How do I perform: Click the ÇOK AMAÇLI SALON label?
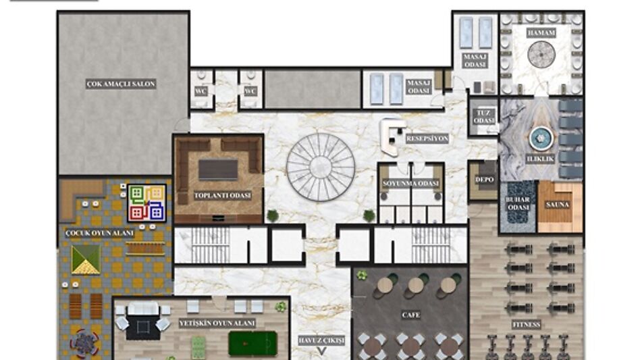click(121, 84)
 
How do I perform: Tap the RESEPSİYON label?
click(427, 139)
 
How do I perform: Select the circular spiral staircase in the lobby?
click(321, 167)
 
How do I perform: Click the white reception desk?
click(390, 137)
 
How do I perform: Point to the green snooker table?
click(252, 343)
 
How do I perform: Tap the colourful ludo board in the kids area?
click(146, 203)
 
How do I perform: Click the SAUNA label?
click(558, 205)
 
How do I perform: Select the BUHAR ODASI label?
click(518, 203)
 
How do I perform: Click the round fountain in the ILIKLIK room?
click(541, 138)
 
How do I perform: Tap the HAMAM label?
click(541, 33)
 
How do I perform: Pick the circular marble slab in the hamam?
click(541, 53)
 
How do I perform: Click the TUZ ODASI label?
click(484, 117)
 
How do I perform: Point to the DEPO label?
click(484, 180)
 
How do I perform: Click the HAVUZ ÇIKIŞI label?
click(321, 340)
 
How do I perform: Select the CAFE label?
click(410, 315)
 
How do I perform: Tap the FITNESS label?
click(527, 325)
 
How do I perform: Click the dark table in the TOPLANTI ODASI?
click(218, 170)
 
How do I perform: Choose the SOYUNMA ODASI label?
click(410, 184)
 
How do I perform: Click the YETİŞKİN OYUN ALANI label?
click(217, 324)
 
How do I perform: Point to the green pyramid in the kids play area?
click(86, 259)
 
